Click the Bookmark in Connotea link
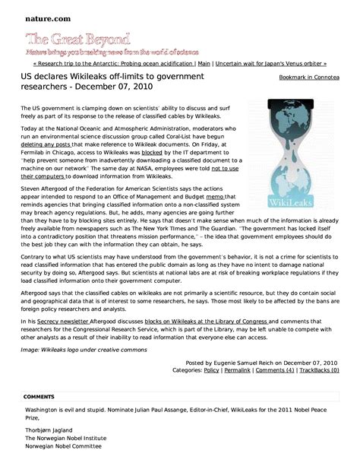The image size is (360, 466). click(309, 78)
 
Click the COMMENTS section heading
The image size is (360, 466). click(39, 397)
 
